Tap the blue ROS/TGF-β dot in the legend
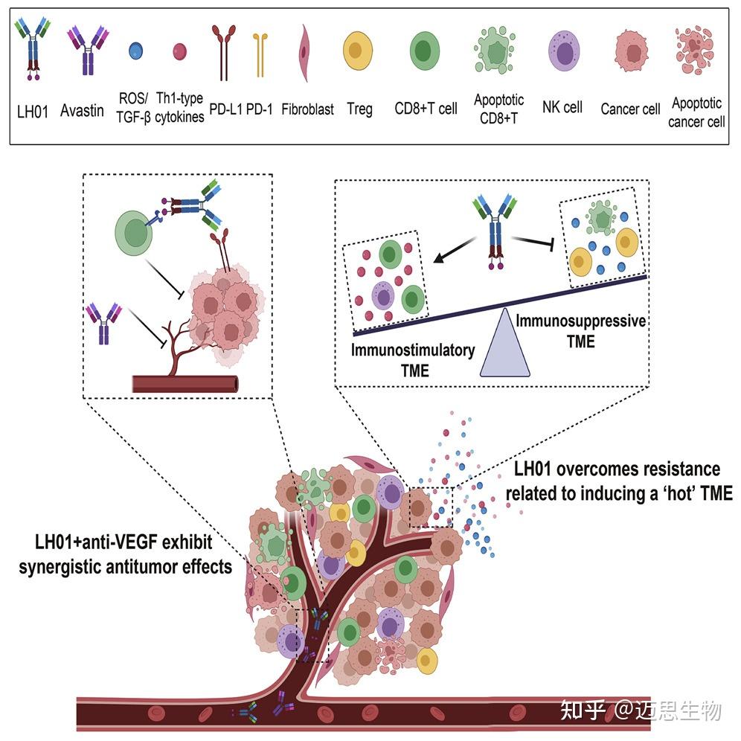[135, 51]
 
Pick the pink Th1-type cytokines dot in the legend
[179, 51]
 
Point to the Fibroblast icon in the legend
[304, 53]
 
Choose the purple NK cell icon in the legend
[563, 53]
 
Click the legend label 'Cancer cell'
[630, 109]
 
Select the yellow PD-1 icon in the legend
[258, 55]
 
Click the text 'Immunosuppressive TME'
[581, 331]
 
